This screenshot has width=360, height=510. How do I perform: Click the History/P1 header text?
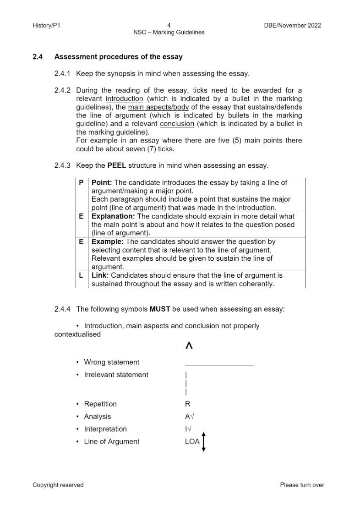(x=46, y=25)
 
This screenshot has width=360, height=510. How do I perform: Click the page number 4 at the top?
(x=169, y=25)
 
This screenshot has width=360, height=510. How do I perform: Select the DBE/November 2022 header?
(x=292, y=25)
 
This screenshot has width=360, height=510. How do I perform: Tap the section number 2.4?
(x=38, y=57)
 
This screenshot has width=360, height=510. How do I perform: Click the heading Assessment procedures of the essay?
(x=118, y=57)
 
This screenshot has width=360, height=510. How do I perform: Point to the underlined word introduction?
(x=124, y=99)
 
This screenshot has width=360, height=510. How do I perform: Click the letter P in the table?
(x=81, y=182)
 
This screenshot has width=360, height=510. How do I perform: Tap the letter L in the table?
(x=81, y=275)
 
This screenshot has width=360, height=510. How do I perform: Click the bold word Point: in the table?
(x=102, y=182)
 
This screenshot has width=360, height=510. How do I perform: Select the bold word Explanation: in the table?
(x=113, y=216)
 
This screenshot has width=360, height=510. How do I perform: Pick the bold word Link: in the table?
(x=100, y=275)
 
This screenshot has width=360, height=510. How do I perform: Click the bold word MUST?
(x=160, y=309)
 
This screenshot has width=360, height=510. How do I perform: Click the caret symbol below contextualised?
(x=189, y=346)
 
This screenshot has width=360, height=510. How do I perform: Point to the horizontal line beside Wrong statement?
(x=219, y=366)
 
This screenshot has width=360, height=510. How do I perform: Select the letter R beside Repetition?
(x=188, y=404)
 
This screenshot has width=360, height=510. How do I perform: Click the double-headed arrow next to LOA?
(x=204, y=441)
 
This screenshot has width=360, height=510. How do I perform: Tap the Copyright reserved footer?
(x=58, y=485)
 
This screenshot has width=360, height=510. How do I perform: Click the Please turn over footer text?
(x=302, y=485)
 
